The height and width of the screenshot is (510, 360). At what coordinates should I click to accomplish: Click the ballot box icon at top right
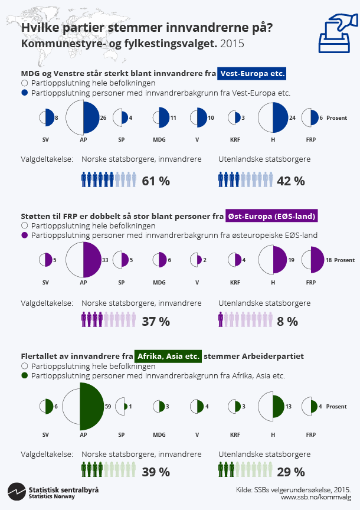[x=338, y=35]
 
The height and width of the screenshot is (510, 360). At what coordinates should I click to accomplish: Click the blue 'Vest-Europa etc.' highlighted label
[x=252, y=73]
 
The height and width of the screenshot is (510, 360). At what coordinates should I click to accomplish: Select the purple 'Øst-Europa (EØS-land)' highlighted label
[x=272, y=216]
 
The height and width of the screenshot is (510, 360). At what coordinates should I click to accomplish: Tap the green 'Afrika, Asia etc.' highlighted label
[x=169, y=357]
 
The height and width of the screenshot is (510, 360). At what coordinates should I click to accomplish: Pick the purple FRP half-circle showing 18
[x=313, y=260]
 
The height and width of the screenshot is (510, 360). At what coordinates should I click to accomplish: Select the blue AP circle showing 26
[x=83, y=118]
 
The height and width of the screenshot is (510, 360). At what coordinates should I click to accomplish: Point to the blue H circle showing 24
[x=273, y=118]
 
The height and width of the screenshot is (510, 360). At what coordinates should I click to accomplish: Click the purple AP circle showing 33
[x=83, y=260]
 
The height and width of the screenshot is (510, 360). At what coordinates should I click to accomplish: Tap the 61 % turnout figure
[x=156, y=181]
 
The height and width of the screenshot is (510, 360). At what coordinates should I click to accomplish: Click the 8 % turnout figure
[x=287, y=322]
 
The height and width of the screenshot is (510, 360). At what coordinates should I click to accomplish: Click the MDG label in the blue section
[x=159, y=141]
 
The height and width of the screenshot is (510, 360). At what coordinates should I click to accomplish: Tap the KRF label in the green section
[x=235, y=434]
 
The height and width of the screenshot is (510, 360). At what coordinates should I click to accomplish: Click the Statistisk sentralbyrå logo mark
[x=16, y=491]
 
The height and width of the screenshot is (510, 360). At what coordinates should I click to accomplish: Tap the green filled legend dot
[x=25, y=375]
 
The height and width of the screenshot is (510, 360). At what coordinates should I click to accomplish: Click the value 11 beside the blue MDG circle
[x=174, y=118]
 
